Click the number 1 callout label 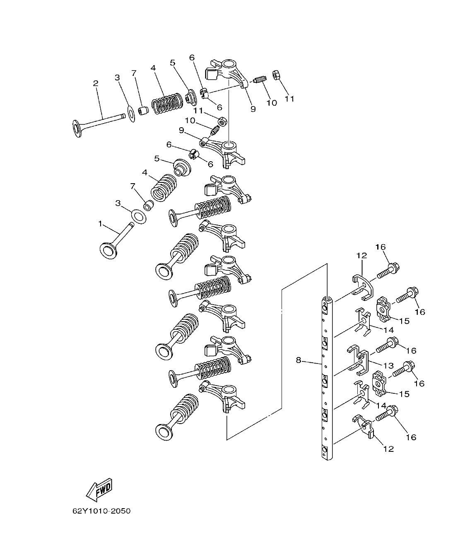[x=100, y=223]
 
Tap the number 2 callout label [x=96, y=83]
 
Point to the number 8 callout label [x=299, y=360]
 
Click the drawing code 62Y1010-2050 [x=101, y=511]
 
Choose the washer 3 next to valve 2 [x=130, y=114]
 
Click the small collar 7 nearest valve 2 [x=143, y=111]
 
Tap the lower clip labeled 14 [x=361, y=393]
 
